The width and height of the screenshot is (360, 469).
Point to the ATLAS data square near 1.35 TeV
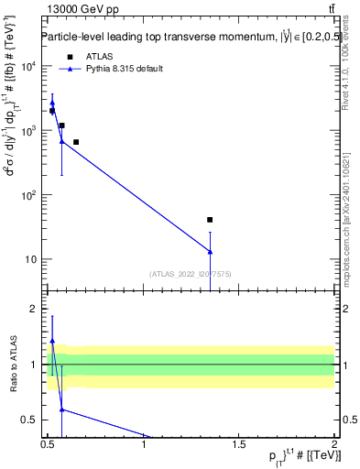tap(210, 220)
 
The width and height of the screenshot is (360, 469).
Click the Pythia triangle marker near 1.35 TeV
tap(210, 252)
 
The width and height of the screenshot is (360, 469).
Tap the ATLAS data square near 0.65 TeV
tap(76, 142)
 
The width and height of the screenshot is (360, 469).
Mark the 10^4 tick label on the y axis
tap(27, 67)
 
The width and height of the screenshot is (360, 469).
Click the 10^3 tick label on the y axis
tap(27, 131)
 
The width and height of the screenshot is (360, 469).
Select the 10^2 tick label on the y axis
tap(27, 195)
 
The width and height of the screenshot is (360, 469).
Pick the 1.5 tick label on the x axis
tap(239, 446)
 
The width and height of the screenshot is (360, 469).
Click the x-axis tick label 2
tap(334, 446)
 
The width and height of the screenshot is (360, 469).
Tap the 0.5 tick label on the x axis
tap(48, 446)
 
